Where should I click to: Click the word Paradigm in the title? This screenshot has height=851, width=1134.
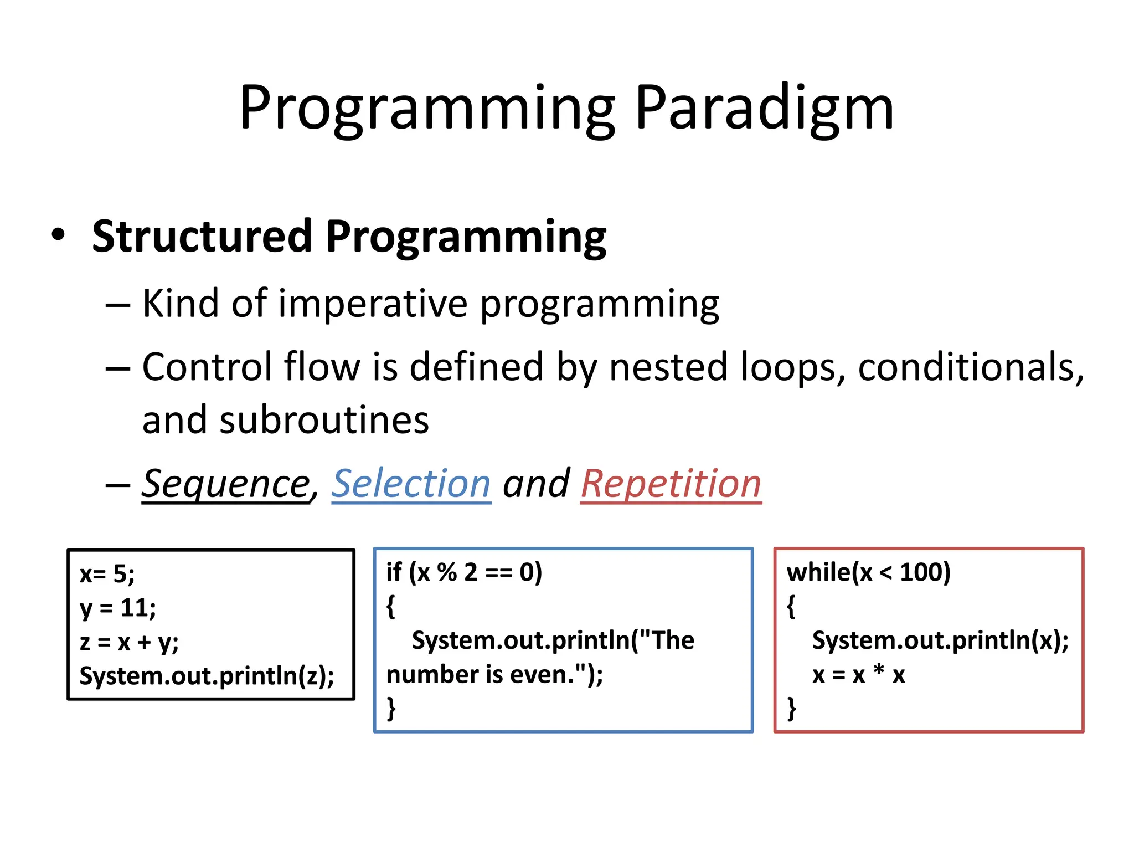point(764,108)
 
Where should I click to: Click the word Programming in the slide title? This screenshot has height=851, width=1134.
point(426,108)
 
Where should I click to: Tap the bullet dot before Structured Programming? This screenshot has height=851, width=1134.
point(58,235)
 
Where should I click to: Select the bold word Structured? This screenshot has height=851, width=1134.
point(202,237)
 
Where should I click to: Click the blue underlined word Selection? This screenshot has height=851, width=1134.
point(411,484)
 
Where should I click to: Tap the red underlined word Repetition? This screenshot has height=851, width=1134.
point(671,484)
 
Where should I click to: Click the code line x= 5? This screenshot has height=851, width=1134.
point(107,574)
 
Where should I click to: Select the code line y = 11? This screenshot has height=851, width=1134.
point(118,608)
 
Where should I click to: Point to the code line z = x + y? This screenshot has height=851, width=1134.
point(129,643)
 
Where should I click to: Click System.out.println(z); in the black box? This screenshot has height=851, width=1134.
point(207,676)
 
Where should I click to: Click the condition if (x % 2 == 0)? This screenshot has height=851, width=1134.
point(464,572)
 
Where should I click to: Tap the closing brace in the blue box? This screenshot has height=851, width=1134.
point(391,708)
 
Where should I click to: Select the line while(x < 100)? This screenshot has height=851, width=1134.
point(868,572)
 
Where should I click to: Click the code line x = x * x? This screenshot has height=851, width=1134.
point(858,675)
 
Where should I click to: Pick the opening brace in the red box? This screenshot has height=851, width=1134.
point(791,607)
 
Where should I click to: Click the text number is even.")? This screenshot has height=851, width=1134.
point(494,675)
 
